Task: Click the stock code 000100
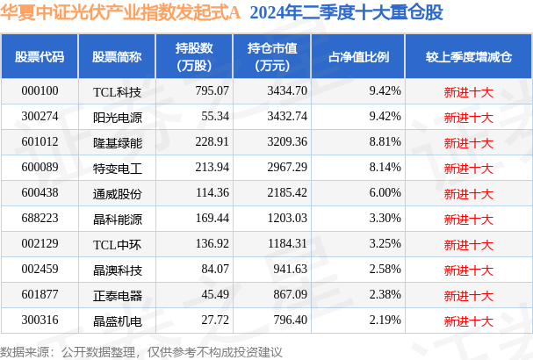[x=40, y=90]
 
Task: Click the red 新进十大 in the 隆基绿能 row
[x=468, y=140]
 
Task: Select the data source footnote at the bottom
[x=142, y=350]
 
